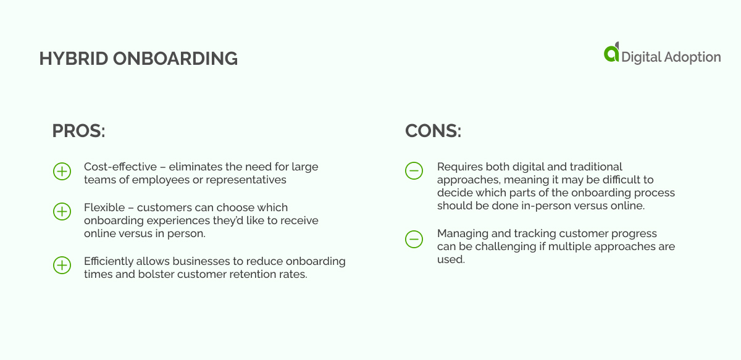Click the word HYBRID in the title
(66, 59)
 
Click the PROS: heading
(79, 131)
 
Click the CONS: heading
(433, 131)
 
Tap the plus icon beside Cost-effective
(62, 171)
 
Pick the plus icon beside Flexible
(62, 211)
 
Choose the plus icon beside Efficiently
(62, 266)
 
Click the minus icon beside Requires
(414, 171)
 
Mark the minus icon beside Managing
(414, 238)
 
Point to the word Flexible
(103, 207)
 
